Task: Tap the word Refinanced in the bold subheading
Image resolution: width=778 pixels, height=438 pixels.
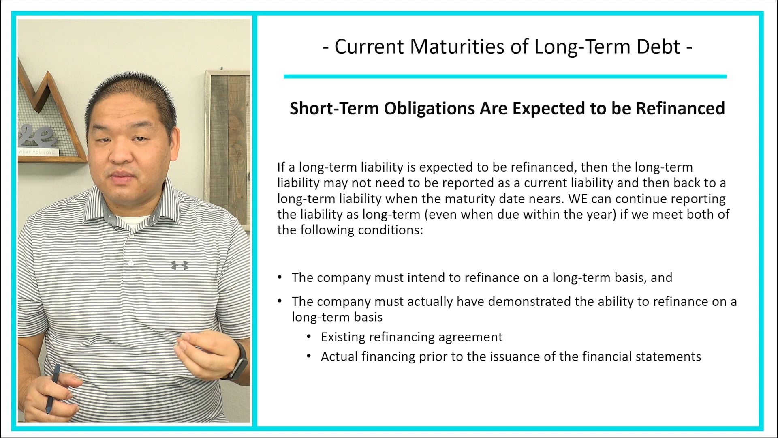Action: [x=680, y=108]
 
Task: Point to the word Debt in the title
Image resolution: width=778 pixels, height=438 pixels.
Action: [x=658, y=46]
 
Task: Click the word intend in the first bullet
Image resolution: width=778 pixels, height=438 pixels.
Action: [x=425, y=278]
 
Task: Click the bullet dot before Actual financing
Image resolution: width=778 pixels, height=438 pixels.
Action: [x=309, y=356]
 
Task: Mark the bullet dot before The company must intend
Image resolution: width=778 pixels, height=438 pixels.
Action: [x=280, y=277]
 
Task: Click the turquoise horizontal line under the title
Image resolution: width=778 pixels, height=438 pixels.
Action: [x=504, y=76]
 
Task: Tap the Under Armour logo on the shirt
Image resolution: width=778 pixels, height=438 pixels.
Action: [x=179, y=265]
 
